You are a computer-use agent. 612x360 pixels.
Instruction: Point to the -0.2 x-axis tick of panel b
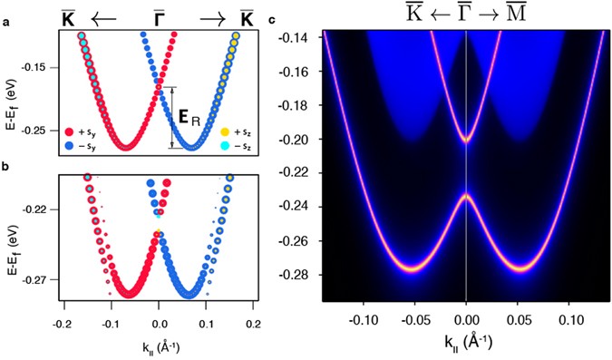[x=62, y=321]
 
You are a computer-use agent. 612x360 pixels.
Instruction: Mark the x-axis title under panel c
[x=465, y=343]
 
